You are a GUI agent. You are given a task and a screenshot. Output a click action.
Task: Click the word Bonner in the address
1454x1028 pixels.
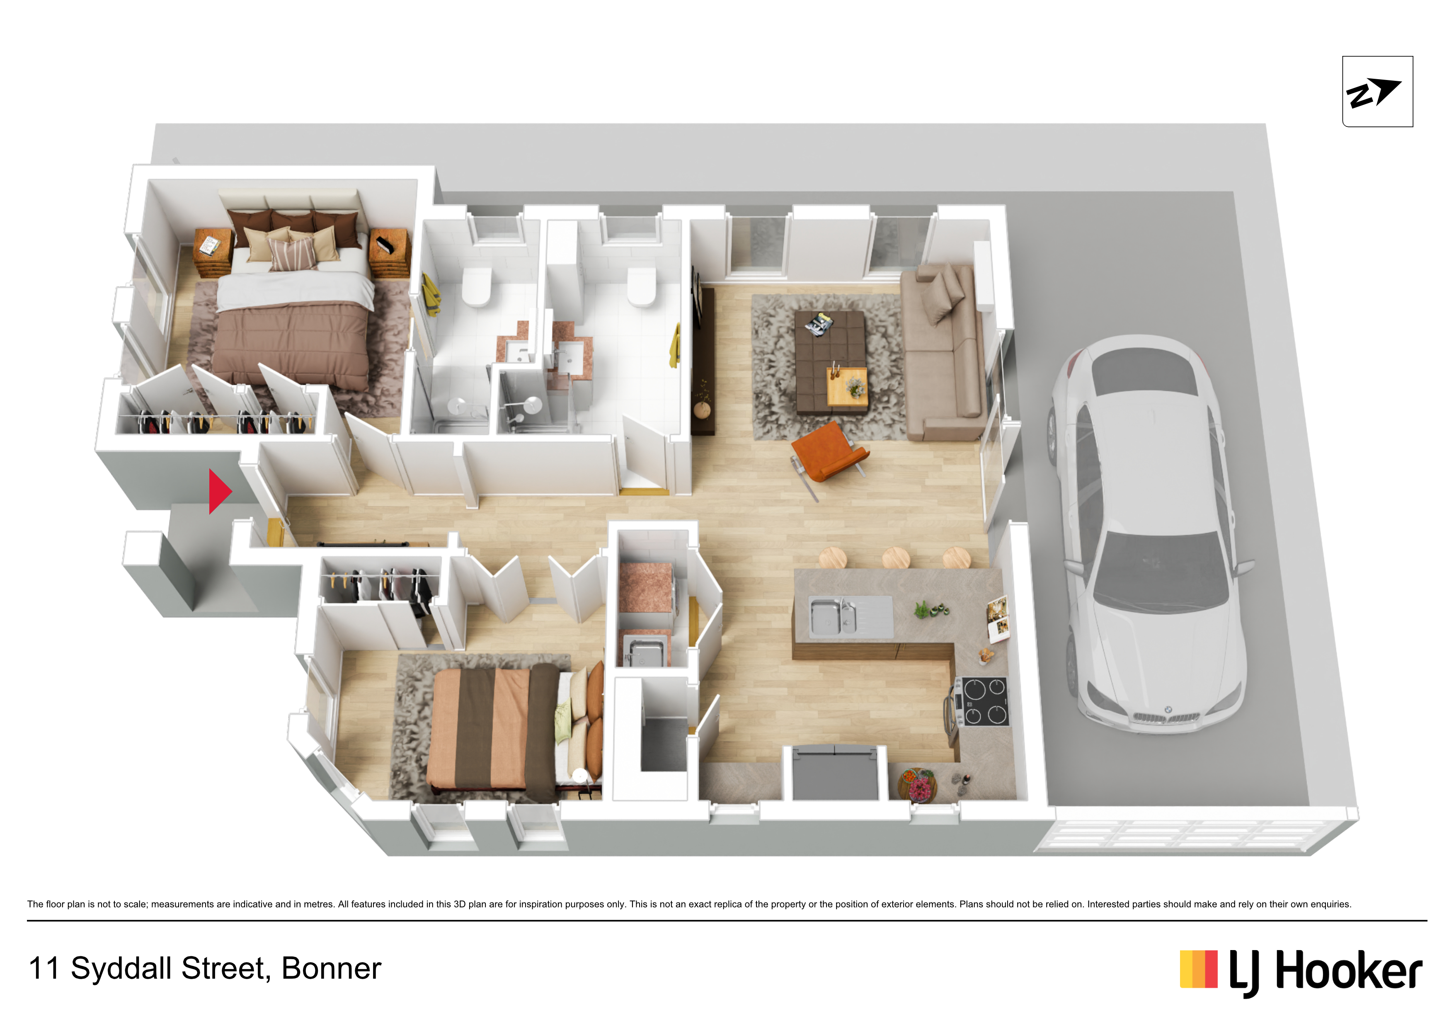[x=331, y=968]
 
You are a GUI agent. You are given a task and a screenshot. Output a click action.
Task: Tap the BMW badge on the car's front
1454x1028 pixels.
[x=1168, y=710]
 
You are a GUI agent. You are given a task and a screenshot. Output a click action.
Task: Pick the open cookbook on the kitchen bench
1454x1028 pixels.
[x=998, y=619]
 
